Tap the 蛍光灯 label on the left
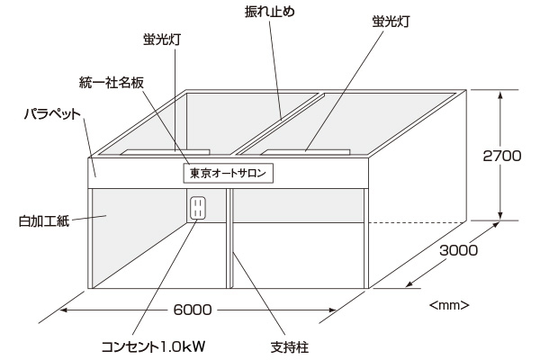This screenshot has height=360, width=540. (x=157, y=40)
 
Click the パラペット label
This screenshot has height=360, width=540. (x=54, y=115)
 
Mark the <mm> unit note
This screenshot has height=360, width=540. (x=450, y=304)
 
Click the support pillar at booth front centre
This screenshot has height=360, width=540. (x=229, y=238)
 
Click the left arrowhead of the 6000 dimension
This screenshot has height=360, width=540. (x=65, y=310)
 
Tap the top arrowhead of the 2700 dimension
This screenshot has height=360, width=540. (x=501, y=93)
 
